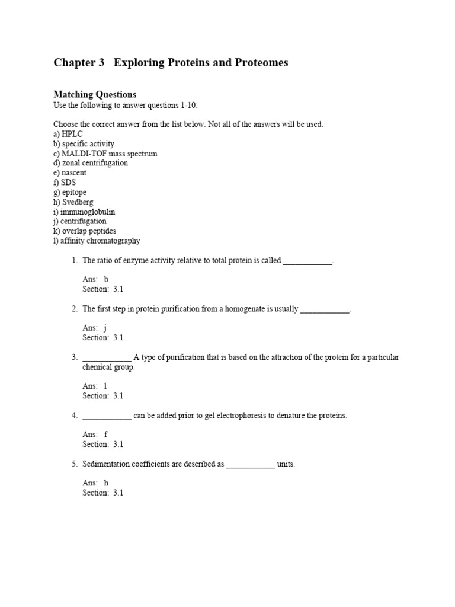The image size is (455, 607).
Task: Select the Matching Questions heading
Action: click(x=95, y=94)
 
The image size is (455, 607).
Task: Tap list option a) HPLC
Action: click(x=68, y=134)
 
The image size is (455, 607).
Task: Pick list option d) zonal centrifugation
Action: click(x=91, y=163)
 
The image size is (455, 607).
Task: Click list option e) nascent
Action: click(x=70, y=172)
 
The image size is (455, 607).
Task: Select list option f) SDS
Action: click(x=65, y=183)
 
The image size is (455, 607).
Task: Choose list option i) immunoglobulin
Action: click(x=84, y=212)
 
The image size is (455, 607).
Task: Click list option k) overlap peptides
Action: click(x=85, y=231)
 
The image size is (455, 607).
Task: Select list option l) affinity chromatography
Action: click(x=97, y=241)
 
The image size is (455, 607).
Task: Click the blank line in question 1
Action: click(x=307, y=260)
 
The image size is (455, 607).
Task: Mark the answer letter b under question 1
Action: click(x=107, y=279)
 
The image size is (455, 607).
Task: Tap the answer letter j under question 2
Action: click(x=105, y=328)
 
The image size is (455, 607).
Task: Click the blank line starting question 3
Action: click(x=107, y=357)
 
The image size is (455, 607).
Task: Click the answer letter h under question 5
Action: click(x=107, y=483)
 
